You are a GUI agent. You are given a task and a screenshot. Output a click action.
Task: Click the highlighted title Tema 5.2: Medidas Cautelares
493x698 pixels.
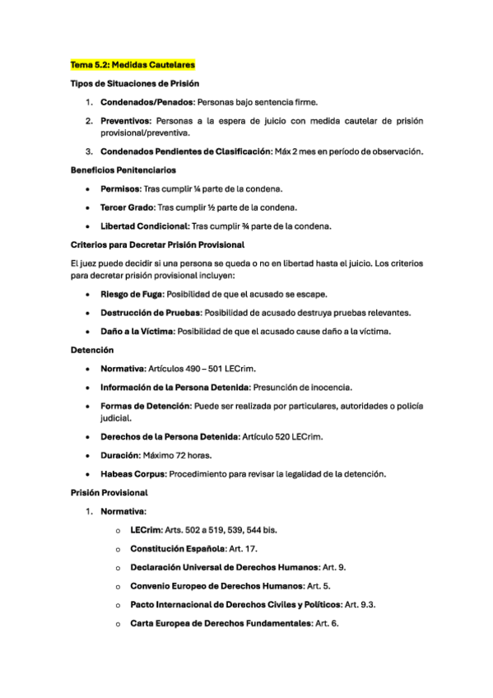133,64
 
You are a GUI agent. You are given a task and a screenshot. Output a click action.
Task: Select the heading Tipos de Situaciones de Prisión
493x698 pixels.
134,83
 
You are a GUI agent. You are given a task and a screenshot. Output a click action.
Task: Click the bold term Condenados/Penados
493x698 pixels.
147,102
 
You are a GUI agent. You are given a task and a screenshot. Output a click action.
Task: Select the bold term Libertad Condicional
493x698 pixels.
144,226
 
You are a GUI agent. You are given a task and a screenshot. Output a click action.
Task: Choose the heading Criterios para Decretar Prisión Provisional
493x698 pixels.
157,244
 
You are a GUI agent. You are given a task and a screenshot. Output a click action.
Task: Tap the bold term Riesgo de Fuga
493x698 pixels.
130,294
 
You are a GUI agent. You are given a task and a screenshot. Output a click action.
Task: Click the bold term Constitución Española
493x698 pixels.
175,548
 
